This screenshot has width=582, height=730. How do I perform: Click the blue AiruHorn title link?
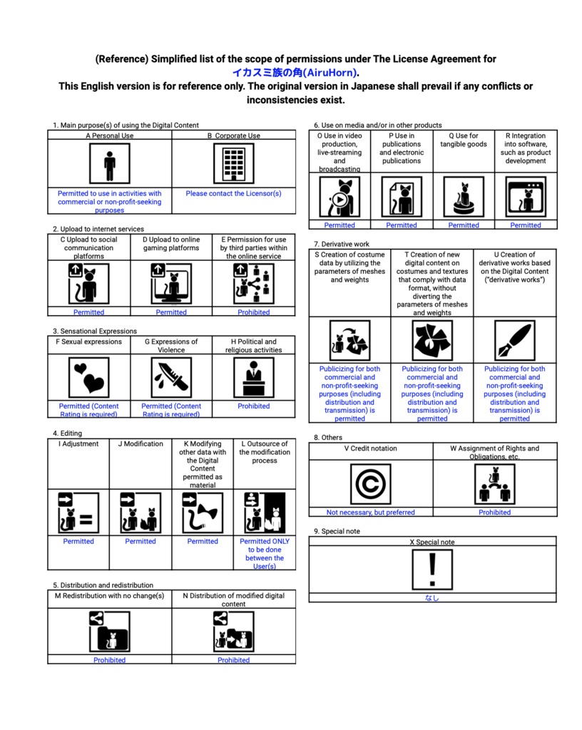point(295,73)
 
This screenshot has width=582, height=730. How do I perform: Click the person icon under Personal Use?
point(109,164)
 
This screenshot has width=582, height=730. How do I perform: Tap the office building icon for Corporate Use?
point(233,164)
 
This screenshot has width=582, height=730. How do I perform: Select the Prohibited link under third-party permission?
point(253,312)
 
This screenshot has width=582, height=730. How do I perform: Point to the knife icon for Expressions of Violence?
point(171,377)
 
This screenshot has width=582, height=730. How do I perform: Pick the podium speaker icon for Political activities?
point(253,377)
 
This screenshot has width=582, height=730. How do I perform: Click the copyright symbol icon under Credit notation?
point(370,483)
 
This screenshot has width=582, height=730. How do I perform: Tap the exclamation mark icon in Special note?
point(432,569)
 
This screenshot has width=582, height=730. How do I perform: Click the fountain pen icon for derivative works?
point(514,340)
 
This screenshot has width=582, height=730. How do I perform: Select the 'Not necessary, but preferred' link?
point(370,512)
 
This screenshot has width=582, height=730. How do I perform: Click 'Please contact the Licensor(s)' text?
point(233,193)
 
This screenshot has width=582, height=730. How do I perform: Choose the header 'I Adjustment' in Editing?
point(78,444)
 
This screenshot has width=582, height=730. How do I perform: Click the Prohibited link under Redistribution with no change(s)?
point(109,660)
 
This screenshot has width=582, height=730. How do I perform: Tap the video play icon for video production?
point(339,197)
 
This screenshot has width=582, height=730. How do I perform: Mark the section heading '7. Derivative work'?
point(342,245)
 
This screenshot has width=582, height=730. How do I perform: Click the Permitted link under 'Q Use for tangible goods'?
point(464,225)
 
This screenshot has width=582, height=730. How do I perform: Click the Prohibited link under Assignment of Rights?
point(494,512)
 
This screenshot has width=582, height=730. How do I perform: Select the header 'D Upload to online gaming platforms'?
point(171,244)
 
